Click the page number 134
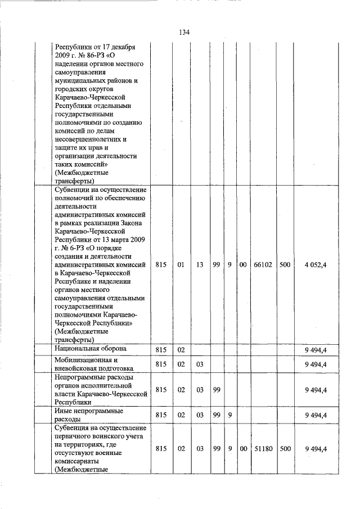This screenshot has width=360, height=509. pyautogui.click(x=184, y=32)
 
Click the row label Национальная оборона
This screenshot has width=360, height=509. pyautogui.click(x=91, y=349)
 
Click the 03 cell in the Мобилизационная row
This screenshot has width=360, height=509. pyautogui.click(x=200, y=364)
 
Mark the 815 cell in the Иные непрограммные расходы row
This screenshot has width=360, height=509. pyautogui.click(x=161, y=416)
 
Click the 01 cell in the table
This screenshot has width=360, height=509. pyautogui.click(x=181, y=264)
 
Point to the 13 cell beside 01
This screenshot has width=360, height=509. pyautogui.click(x=200, y=264)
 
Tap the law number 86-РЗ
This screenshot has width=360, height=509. pyautogui.click(x=93, y=55)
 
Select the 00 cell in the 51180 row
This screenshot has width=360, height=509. pyautogui.click(x=243, y=449)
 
